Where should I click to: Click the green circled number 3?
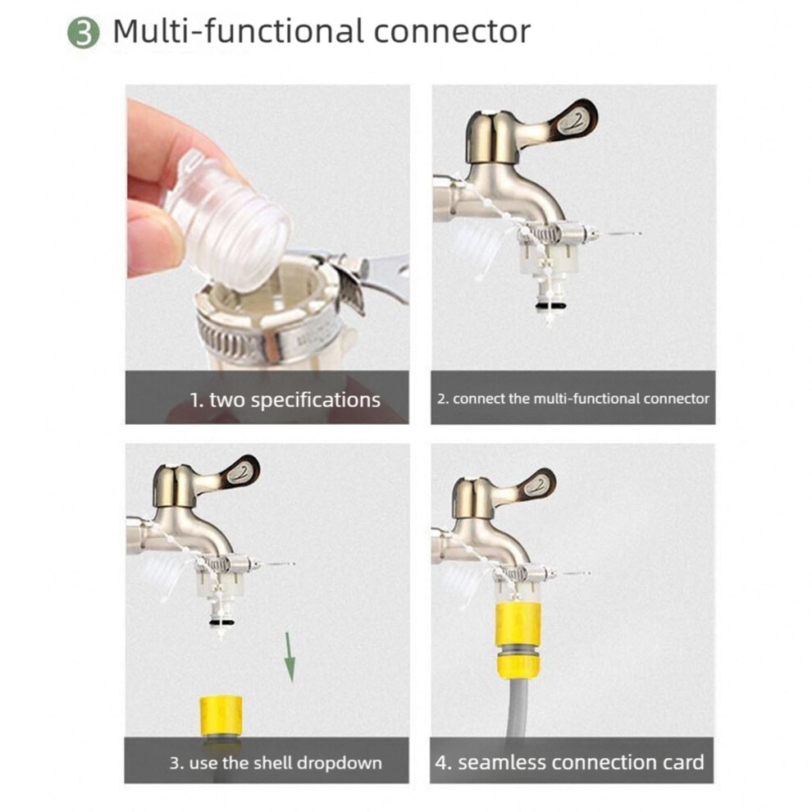[84, 33]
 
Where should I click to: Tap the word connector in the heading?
[452, 32]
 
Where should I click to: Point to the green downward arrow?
[290, 657]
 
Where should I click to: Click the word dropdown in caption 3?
[340, 764]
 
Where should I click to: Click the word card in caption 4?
[682, 762]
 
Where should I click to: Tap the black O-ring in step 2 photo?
[549, 307]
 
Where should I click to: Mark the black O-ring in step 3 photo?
[221, 622]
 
